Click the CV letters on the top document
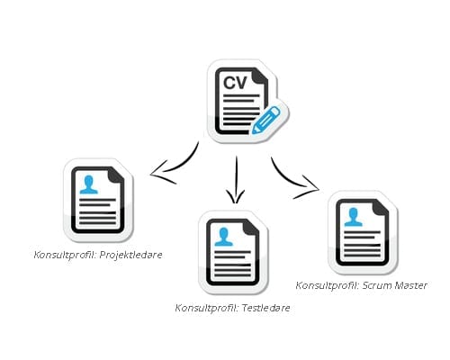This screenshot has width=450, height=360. [235, 83]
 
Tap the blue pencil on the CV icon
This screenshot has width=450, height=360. [265, 120]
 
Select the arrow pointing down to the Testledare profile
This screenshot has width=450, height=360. [236, 179]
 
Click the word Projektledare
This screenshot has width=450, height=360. [130, 255]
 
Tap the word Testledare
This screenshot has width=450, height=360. [265, 308]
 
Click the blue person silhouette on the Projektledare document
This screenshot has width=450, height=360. [89, 184]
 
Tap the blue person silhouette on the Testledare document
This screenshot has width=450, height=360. [224, 237]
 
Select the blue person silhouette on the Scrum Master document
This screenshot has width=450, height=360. [353, 217]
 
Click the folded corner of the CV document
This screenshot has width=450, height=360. [260, 76]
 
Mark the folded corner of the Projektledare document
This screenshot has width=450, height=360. [116, 175]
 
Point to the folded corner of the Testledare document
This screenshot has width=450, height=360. [251, 227]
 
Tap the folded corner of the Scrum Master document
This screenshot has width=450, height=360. [381, 207]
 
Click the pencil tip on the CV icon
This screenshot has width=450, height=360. [254, 131]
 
